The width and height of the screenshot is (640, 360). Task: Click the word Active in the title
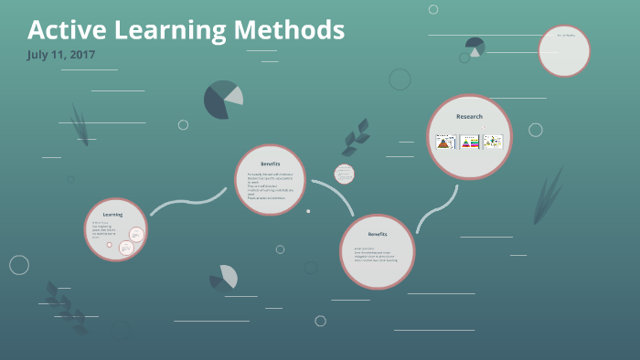[63, 30]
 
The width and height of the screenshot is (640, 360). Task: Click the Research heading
[469, 117]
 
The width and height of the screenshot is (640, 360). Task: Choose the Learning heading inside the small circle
[112, 214]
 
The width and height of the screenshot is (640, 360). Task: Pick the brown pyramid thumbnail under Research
[445, 142]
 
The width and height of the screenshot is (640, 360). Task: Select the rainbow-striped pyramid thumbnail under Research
[469, 142]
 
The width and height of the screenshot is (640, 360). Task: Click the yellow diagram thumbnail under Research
[493, 142]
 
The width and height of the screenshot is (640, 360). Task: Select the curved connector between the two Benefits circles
[332, 195]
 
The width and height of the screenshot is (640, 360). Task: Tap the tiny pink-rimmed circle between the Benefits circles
[344, 174]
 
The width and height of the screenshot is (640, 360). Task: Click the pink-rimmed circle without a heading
[563, 51]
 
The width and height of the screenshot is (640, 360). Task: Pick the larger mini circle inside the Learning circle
[136, 235]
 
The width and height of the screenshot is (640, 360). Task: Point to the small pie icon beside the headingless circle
[475, 47]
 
